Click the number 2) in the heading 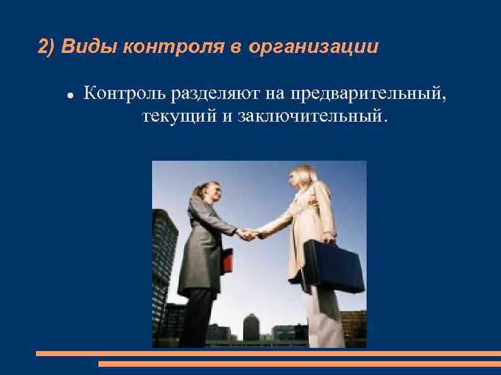pyautogui.click(x=47, y=47)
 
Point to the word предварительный pyautogui.click(x=368, y=94)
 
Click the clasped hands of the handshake pyautogui.click(x=247, y=234)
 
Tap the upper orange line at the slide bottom pyautogui.click(x=268, y=354)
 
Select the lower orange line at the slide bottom pyautogui.click(x=299, y=364)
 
